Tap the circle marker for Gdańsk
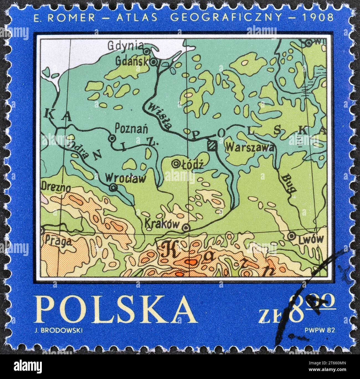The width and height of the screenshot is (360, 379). (x=154, y=62)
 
